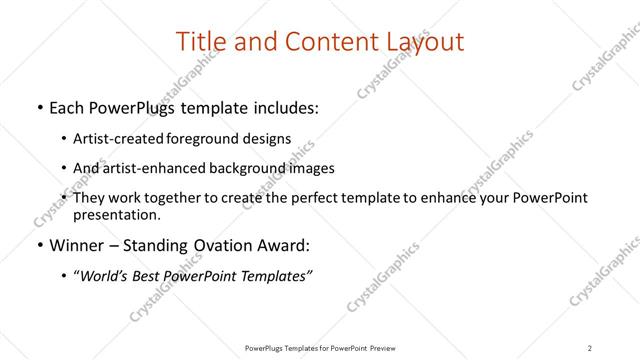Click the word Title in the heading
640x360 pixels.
coord(199,42)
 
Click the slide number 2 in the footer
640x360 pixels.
coord(589,347)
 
